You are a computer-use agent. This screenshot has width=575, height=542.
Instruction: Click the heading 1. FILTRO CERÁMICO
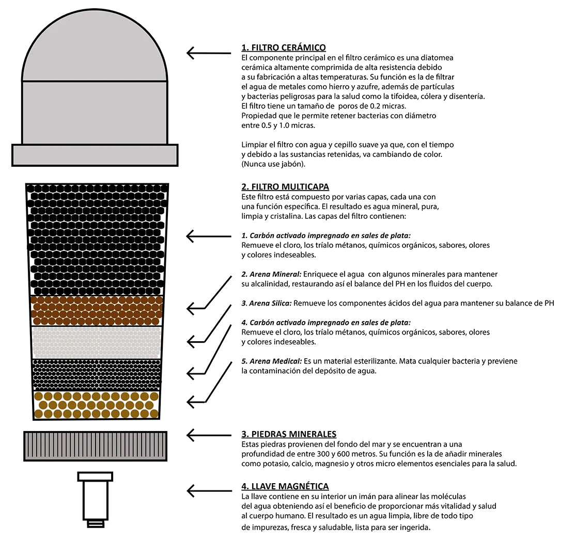[x=284, y=48]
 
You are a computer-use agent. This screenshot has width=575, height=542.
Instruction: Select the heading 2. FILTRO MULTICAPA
[x=285, y=187]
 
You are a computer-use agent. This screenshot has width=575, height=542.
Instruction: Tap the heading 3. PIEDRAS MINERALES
[x=289, y=434]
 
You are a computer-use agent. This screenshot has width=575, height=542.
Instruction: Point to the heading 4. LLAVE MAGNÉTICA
[x=285, y=486]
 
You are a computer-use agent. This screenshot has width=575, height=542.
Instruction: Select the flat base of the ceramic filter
[x=95, y=155]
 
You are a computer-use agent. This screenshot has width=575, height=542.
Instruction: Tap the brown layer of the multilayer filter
[x=97, y=310]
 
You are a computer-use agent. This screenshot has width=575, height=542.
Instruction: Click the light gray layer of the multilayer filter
[x=96, y=342]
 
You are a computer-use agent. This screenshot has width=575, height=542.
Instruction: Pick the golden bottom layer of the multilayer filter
[x=96, y=404]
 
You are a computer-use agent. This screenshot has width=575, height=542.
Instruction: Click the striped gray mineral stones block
[x=95, y=446]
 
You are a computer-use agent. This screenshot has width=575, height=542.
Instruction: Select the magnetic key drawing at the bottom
[x=95, y=498]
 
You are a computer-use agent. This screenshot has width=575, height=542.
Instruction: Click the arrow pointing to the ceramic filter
[x=208, y=53]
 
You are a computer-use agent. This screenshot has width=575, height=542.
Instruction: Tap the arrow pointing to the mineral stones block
[x=208, y=435]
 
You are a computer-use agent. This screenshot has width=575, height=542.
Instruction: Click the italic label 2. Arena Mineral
[x=271, y=274]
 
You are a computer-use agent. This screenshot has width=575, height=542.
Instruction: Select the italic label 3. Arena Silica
[x=267, y=303]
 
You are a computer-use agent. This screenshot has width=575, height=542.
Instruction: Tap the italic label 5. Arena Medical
[x=271, y=361]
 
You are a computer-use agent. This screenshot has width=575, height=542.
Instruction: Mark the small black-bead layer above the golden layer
[x=96, y=374]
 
